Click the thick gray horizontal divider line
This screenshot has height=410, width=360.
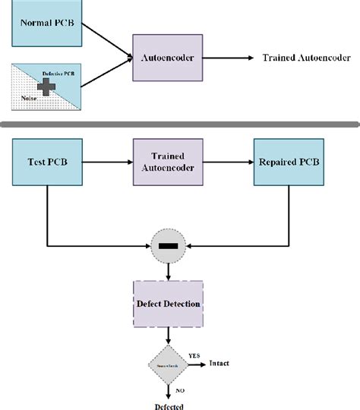pyautogui.click(x=180, y=124)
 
